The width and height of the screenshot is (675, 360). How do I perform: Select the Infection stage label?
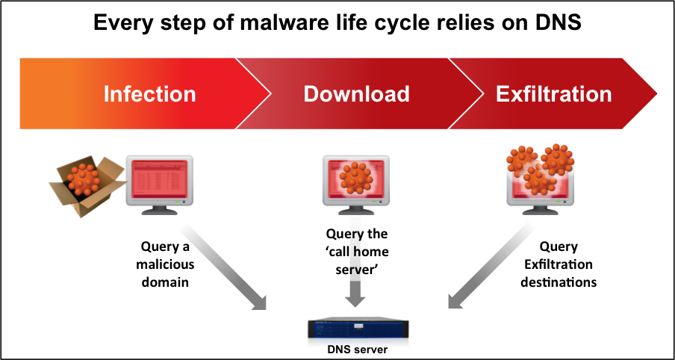pyautogui.click(x=149, y=94)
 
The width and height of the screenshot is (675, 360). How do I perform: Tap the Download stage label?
pyautogui.click(x=356, y=94)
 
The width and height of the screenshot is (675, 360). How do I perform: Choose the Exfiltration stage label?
pyautogui.click(x=553, y=94)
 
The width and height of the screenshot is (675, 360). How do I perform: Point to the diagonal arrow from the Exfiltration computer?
pyautogui.click(x=485, y=265)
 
